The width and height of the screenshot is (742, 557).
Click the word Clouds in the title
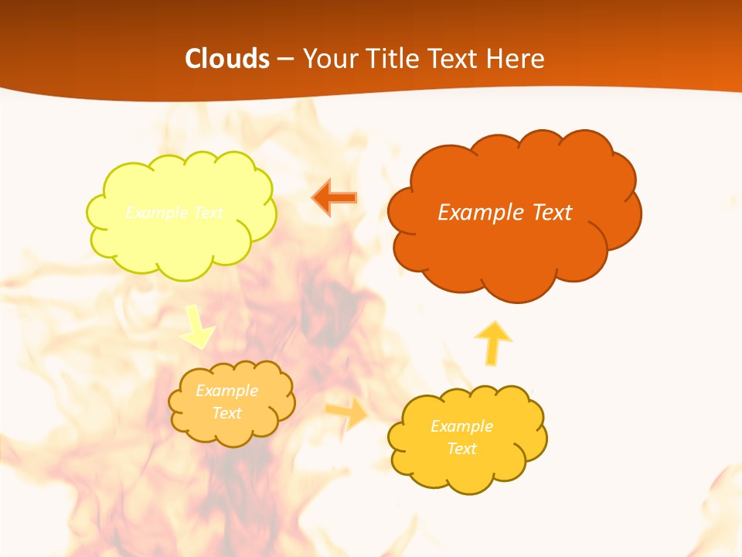pyautogui.click(x=227, y=59)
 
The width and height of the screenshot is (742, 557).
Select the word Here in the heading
pyautogui.click(x=518, y=59)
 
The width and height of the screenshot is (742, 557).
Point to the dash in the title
pyautogui.click(x=284, y=60)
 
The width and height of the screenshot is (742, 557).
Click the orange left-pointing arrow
pyautogui.click(x=335, y=198)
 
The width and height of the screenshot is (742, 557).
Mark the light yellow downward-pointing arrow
pyautogui.click(x=198, y=326)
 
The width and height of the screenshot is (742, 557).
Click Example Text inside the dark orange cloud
pyautogui.click(x=505, y=212)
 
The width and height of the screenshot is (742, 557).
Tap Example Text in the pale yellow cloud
pyautogui.click(x=174, y=213)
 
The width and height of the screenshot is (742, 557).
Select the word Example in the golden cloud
pyautogui.click(x=461, y=426)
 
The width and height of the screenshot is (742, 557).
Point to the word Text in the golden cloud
pyautogui.click(x=461, y=449)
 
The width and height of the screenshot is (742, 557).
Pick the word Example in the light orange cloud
pyautogui.click(x=226, y=391)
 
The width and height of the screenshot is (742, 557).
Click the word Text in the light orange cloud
pyautogui.click(x=226, y=413)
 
